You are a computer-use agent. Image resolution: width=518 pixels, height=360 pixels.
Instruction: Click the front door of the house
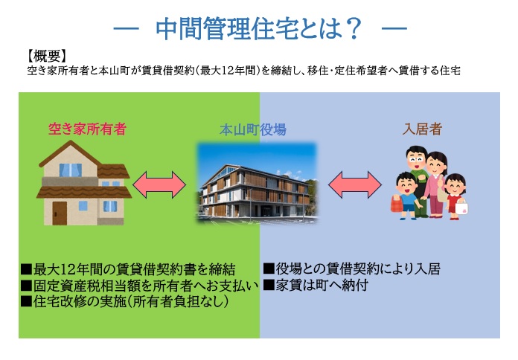[x=59, y=212]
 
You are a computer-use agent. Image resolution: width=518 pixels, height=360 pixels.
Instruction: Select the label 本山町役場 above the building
[x=252, y=129]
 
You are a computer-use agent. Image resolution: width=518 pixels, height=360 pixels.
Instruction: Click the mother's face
[x=435, y=164]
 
